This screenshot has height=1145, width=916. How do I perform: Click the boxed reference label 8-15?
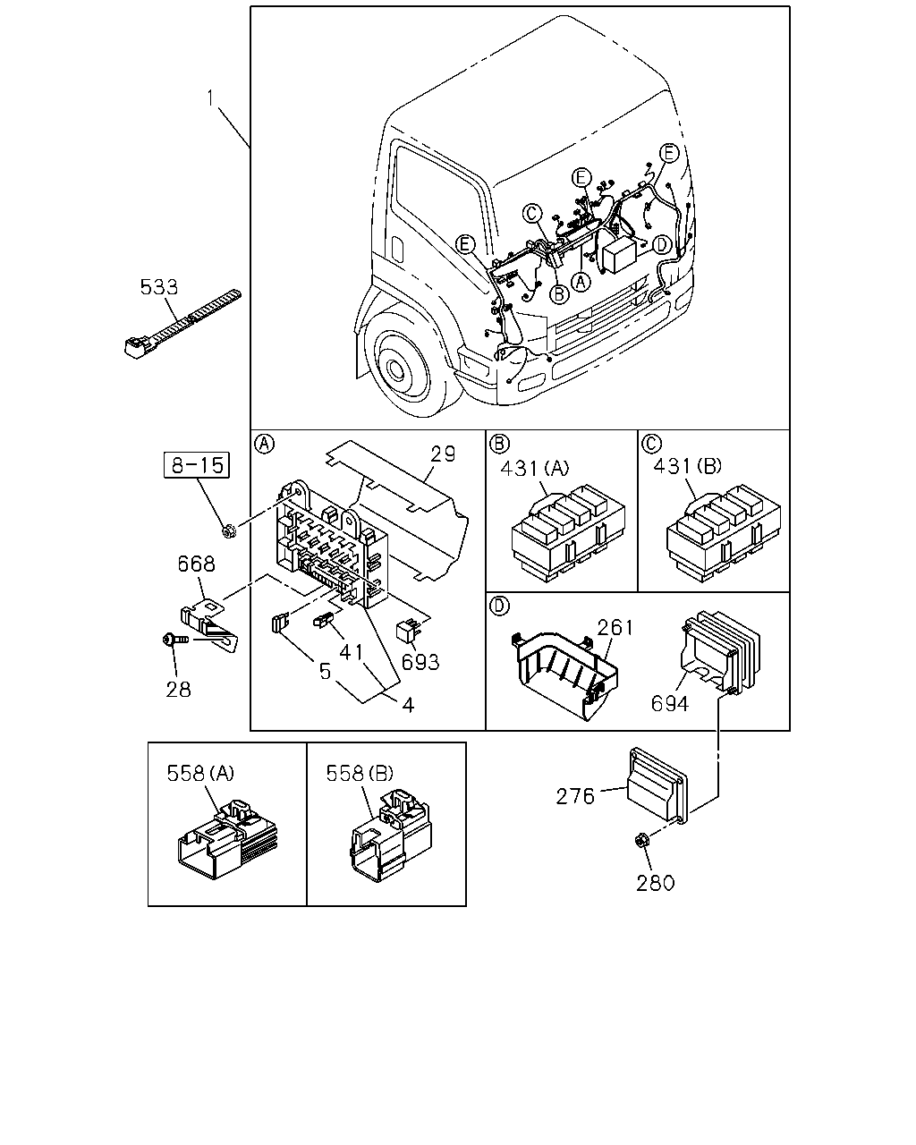coord(197,465)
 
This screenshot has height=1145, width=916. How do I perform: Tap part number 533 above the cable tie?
coord(158,287)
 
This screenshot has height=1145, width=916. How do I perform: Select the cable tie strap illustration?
coord(182,324)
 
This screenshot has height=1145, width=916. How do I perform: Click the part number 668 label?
coord(197,564)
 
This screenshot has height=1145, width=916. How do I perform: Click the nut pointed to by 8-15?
coord(228,530)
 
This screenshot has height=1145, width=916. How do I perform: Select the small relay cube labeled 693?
coord(408,632)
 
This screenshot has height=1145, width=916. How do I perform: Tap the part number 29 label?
coord(443,454)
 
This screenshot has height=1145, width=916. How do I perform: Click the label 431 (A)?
coord(535,468)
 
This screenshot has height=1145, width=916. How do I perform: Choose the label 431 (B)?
coord(687,466)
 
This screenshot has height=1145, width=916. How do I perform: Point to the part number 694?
coord(670,703)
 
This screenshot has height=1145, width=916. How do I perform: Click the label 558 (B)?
coord(360,774)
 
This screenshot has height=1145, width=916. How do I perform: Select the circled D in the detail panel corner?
coord(499,606)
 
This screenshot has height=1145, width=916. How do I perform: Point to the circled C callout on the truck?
coord(531,214)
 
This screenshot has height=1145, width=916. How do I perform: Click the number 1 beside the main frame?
coord(210,98)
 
